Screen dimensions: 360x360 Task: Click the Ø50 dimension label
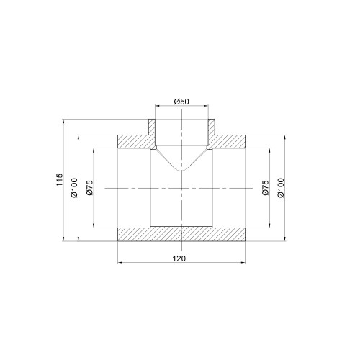tap(181, 102)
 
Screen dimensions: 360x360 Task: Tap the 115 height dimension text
tap(59, 179)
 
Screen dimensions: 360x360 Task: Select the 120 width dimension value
tap(179, 258)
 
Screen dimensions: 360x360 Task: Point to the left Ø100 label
tap(74, 188)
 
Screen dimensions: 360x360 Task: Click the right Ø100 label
tap(281, 188)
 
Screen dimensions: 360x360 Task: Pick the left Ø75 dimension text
tap(89, 188)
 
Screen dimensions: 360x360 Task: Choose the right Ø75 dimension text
tap(266, 188)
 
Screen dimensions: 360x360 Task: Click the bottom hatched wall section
tap(181, 234)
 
